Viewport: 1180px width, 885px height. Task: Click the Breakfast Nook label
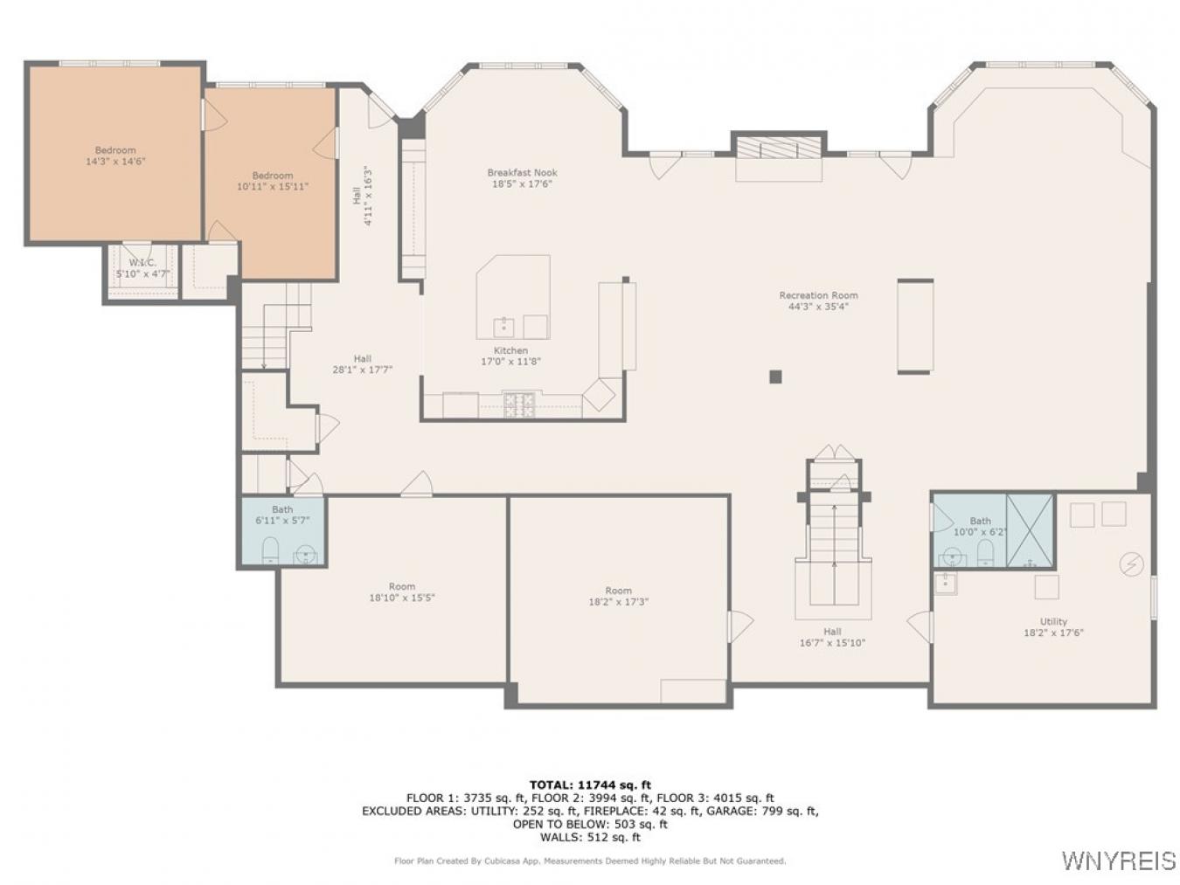click(x=522, y=173)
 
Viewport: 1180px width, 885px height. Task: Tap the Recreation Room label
click(x=818, y=295)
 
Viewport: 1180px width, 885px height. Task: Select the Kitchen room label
click(x=510, y=350)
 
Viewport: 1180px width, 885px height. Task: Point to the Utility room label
click(x=1053, y=621)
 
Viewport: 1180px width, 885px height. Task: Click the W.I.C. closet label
click(x=142, y=263)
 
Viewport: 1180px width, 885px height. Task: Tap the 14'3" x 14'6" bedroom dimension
click(x=115, y=162)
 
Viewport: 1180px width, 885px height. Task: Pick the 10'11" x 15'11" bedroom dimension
click(x=273, y=186)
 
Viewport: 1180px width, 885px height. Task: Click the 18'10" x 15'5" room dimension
click(x=402, y=598)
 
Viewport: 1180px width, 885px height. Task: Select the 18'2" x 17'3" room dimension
click(x=618, y=602)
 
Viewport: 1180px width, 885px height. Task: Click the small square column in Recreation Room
click(x=775, y=377)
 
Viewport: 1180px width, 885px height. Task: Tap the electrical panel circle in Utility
click(x=1131, y=564)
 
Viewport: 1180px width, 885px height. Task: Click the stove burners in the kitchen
click(x=518, y=404)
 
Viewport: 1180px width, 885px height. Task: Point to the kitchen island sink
click(x=503, y=328)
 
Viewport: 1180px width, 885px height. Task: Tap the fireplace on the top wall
click(x=779, y=150)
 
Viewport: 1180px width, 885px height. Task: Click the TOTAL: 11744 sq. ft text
click(x=590, y=785)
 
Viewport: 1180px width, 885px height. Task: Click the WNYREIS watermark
click(x=1118, y=861)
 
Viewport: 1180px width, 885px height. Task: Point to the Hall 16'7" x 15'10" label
click(x=832, y=637)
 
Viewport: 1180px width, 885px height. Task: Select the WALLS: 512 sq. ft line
click(x=590, y=837)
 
